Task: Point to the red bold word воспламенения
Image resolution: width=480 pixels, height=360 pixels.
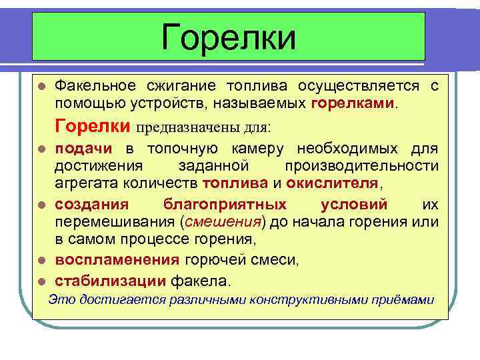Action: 117,260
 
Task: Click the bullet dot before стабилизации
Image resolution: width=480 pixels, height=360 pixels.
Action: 41,280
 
